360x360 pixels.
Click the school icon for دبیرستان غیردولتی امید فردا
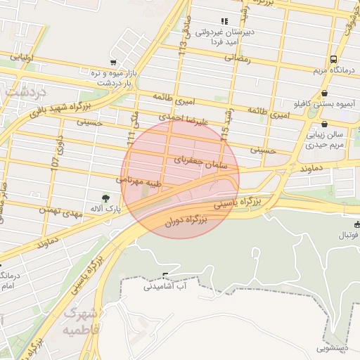coord(224,22)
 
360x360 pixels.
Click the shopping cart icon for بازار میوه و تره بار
coord(112,63)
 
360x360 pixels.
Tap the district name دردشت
coord(23,91)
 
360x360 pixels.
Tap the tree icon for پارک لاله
coord(106,198)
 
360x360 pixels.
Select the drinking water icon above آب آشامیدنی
coord(165,276)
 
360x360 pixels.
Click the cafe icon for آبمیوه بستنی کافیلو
coord(324,93)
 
